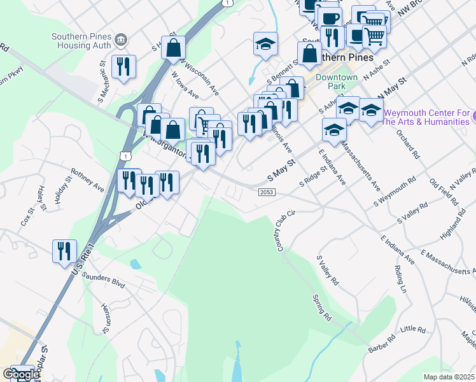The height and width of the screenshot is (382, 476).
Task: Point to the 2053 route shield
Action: [267, 192]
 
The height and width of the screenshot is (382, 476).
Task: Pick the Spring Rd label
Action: [323, 306]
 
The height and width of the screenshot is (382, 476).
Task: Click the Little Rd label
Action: [413, 329]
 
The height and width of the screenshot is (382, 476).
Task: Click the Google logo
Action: [20, 374]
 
